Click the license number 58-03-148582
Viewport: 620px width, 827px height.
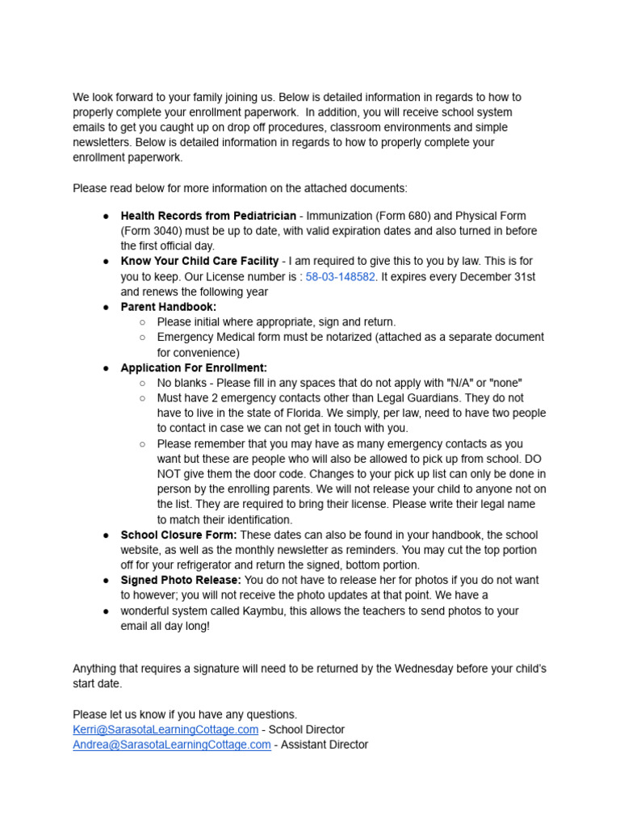pyautogui.click(x=340, y=277)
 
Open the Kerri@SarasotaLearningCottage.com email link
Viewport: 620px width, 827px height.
pyautogui.click(x=165, y=729)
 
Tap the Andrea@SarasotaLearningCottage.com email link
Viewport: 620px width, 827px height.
pyautogui.click(x=172, y=745)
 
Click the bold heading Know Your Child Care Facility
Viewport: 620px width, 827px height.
pyautogui.click(x=199, y=262)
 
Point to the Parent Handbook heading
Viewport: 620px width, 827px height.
pyautogui.click(x=168, y=307)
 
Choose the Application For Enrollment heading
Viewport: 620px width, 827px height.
pyautogui.click(x=193, y=368)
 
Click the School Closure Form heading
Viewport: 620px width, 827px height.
pyautogui.click(x=178, y=535)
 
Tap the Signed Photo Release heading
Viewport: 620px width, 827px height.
pyautogui.click(x=181, y=580)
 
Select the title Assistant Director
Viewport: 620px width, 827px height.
pyautogui.click(x=325, y=745)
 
